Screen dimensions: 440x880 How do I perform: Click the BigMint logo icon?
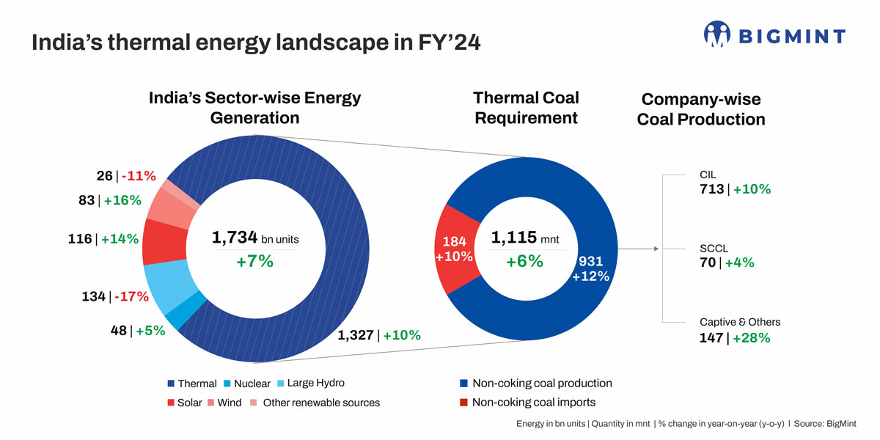[718, 35]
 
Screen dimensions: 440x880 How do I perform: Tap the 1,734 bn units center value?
[254, 238]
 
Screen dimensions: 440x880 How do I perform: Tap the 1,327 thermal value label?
[356, 335]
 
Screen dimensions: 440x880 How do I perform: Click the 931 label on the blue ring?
[590, 262]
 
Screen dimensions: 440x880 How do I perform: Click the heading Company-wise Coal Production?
[700, 109]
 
